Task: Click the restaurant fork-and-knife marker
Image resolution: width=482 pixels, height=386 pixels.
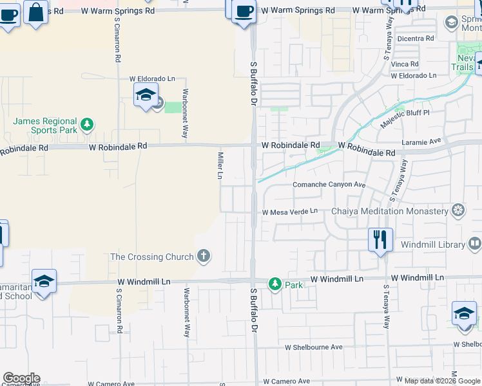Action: (x=380, y=239)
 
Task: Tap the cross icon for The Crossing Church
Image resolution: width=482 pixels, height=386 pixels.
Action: (x=204, y=257)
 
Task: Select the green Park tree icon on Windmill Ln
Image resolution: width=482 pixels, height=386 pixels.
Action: (x=275, y=284)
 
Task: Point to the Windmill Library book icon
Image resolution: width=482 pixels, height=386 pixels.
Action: (x=474, y=244)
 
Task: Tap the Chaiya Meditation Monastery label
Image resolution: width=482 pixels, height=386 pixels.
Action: (x=389, y=211)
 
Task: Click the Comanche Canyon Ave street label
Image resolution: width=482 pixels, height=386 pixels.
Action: (x=329, y=185)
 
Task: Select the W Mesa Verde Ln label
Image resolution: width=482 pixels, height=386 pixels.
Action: (x=289, y=211)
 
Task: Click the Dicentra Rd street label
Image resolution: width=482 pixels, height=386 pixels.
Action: (x=416, y=39)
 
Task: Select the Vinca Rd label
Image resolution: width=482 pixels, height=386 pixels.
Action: (x=405, y=64)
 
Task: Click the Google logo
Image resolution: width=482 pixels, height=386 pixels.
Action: (x=21, y=378)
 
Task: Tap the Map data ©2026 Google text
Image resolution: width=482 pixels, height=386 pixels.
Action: (x=443, y=381)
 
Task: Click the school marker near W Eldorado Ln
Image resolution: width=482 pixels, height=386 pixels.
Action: (x=146, y=95)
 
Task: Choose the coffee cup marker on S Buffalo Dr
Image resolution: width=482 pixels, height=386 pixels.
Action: (x=244, y=12)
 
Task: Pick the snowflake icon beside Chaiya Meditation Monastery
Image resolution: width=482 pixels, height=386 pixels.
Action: (x=458, y=210)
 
